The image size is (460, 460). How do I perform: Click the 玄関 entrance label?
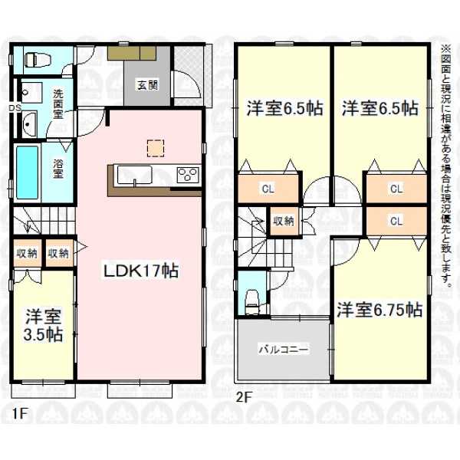coord(147,85)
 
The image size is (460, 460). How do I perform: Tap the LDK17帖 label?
coord(140,271)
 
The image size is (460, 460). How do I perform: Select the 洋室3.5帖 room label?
coord(43,325)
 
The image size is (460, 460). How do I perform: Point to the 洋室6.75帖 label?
coord(379,310)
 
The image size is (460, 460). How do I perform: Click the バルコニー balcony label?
coord(284,350)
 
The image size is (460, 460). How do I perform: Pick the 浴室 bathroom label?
coord(58,169)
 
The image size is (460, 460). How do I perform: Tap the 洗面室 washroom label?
coord(58,104)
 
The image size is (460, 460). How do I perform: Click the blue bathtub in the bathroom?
coord(27,172)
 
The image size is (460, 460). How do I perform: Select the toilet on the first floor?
coord(38,60)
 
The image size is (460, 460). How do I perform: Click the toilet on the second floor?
coord(252,301)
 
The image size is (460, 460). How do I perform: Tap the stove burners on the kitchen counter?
coord(188,175)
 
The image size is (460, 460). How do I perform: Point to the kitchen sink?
coord(135,175)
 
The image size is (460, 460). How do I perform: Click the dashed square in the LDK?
coord(155,149)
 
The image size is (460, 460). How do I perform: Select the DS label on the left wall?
coord(15,108)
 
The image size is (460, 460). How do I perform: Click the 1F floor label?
coord(20,414)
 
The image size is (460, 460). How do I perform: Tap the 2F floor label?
coord(244,398)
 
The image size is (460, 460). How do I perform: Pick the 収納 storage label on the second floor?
coord(284,221)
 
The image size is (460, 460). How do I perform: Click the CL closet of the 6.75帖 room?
coord(396,221)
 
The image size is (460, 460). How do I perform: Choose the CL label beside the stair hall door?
coord(268,189)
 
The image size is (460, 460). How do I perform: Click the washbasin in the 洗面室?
coord(29,124)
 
